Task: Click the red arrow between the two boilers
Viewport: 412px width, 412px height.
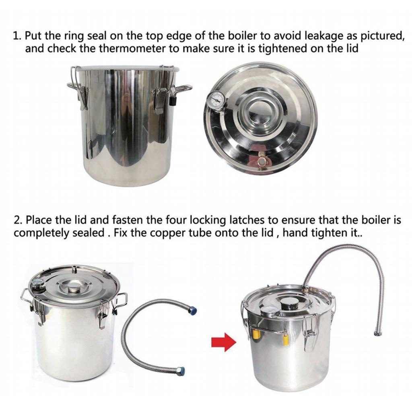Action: (224, 342)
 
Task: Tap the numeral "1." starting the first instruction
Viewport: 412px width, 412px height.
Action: (17, 36)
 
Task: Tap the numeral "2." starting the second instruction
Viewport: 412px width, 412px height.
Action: (18, 220)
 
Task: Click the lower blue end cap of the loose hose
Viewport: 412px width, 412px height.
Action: (181, 371)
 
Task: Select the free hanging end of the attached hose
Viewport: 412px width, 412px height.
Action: (378, 334)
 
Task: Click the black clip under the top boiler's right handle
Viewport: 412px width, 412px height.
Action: (173, 101)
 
